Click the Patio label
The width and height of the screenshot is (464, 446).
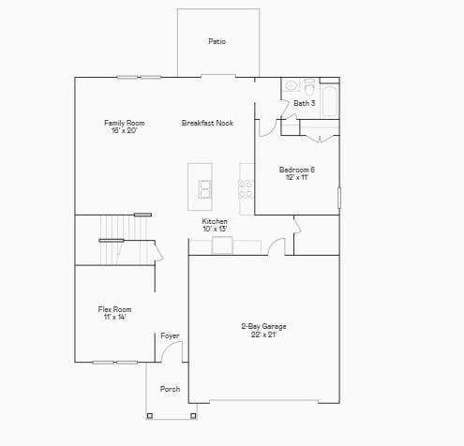[217, 41]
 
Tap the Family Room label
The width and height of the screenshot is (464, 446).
[124, 123]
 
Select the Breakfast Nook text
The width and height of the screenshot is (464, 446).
[207, 123]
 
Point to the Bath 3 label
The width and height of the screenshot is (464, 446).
[304, 103]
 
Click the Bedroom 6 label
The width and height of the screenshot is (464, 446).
[296, 169]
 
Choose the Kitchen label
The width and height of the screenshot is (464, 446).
[215, 221]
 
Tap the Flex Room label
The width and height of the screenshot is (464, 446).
[114, 309]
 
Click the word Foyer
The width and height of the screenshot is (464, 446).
[170, 335]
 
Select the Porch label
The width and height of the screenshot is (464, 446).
[170, 389]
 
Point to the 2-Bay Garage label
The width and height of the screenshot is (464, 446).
[263, 326]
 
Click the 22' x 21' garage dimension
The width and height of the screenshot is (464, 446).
[263, 334]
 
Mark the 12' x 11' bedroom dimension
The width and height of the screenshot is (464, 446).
[296, 177]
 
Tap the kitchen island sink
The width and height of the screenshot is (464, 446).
[204, 188]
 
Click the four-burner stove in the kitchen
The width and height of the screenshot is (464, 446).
[246, 189]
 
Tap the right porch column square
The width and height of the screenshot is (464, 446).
[193, 414]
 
